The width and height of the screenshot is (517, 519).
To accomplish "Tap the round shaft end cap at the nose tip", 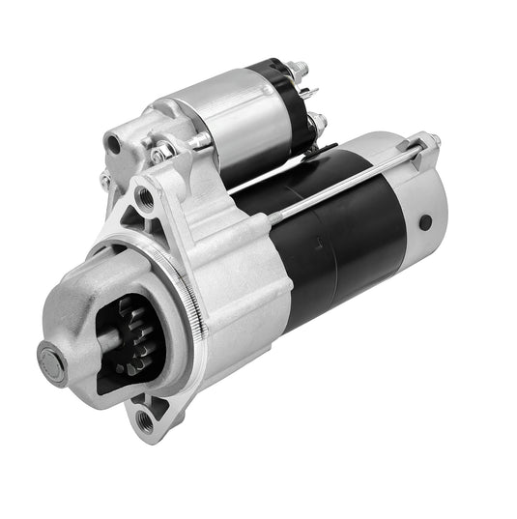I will click(51, 360).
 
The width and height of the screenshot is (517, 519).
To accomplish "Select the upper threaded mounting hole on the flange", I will click(145, 198).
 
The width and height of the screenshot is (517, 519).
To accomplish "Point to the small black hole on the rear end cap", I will click(425, 222).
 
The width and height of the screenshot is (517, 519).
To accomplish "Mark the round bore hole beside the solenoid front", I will click(115, 144).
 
